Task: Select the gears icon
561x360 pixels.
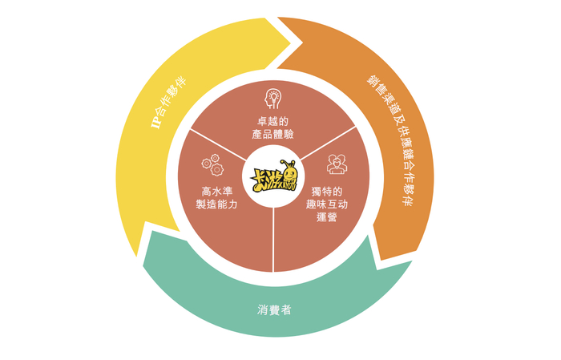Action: tap(212, 167)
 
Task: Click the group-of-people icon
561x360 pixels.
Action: tap(337, 165)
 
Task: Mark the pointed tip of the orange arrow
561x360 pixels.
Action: tap(375, 261)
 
